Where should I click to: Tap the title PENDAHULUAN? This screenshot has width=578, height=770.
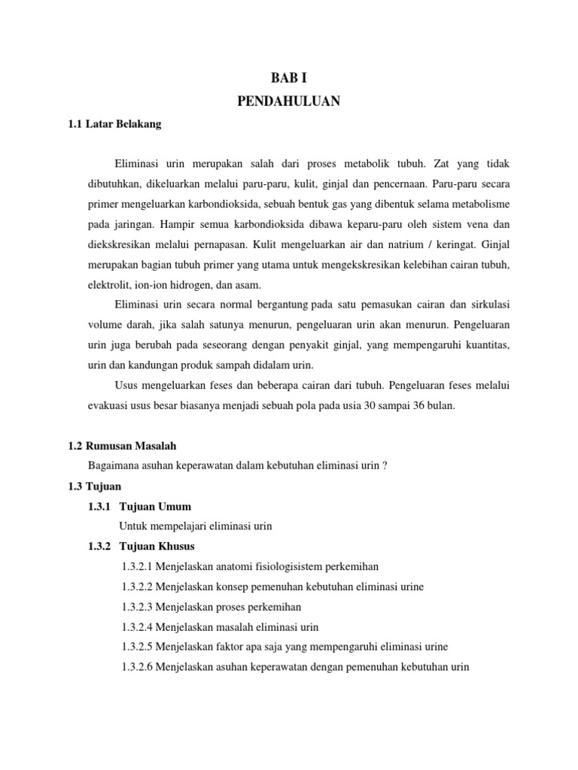[289, 102]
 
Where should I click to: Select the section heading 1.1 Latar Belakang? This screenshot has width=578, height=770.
[114, 125]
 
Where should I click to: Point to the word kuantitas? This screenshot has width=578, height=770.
[484, 345]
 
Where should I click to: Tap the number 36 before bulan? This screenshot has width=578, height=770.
[427, 405]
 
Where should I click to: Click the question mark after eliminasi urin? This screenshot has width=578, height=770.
[384, 466]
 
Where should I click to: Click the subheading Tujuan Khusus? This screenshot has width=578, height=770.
[157, 546]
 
